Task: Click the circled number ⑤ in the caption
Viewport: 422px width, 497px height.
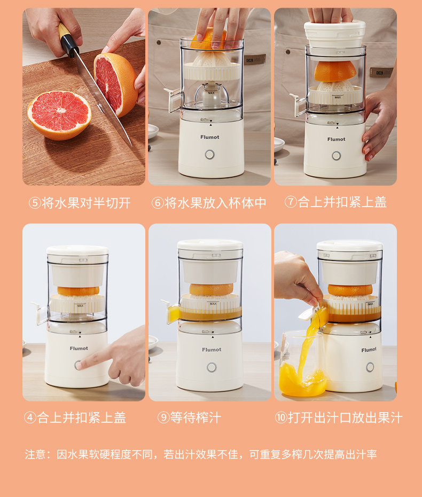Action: click(35, 203)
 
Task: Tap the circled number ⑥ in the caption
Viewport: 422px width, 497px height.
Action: click(158, 203)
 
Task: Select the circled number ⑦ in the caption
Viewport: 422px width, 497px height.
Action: click(291, 202)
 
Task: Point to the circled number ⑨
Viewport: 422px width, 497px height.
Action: click(163, 417)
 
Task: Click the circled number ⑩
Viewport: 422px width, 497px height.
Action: click(281, 417)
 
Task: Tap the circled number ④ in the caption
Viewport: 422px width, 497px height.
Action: click(30, 417)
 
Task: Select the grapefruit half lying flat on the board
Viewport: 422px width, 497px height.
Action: click(59, 115)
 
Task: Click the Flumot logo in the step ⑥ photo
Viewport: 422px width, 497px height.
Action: click(209, 137)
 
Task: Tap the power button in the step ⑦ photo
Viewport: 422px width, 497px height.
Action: click(336, 156)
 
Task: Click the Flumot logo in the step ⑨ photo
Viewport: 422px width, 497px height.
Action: click(212, 349)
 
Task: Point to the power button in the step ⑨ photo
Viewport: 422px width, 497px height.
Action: click(212, 367)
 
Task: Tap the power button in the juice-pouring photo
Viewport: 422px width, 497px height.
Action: click(370, 367)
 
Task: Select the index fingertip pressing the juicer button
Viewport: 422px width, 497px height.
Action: click(80, 365)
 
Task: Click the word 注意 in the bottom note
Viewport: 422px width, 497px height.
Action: click(35, 454)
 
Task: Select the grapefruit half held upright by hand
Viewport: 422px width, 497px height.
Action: click(116, 84)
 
